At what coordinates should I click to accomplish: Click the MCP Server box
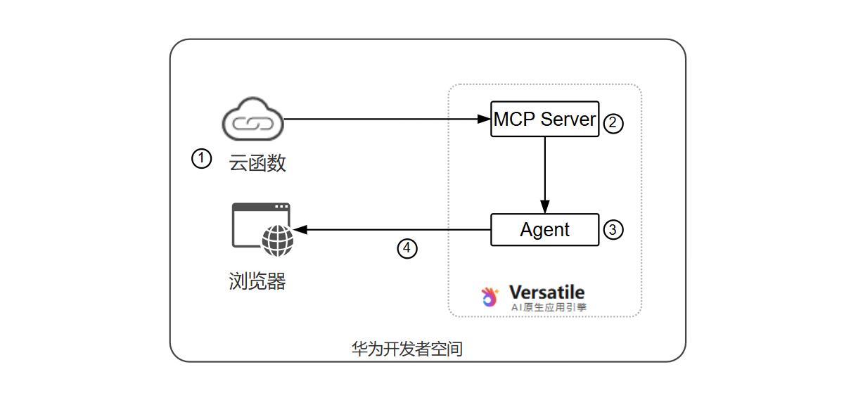click(544, 119)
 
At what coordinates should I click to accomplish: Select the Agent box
click(544, 230)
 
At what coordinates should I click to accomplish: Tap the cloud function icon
click(253, 122)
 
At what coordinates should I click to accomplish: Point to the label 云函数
click(257, 163)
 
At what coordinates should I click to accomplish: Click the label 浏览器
click(257, 281)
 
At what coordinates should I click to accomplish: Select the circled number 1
click(201, 159)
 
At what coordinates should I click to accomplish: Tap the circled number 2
click(613, 123)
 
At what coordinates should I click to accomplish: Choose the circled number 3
click(613, 229)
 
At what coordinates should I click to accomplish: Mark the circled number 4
click(407, 248)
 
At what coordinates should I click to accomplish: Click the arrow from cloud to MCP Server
click(387, 119)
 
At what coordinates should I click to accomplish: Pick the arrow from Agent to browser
click(394, 230)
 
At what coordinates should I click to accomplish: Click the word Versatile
click(546, 292)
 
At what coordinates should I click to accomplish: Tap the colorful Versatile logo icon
click(490, 297)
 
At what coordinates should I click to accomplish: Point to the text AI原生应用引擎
click(549, 307)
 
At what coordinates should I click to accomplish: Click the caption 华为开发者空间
click(407, 349)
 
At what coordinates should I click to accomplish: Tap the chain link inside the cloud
click(253, 124)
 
